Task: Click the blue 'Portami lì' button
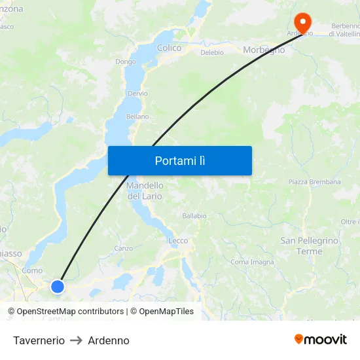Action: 179,160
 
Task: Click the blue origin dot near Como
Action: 58,286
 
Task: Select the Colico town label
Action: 169,48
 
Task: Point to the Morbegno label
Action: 264,50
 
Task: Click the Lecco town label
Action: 178,241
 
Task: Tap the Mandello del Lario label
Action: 145,190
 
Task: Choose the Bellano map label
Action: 137,117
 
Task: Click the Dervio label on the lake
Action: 137,94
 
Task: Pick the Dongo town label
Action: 126,62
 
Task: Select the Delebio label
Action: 212,52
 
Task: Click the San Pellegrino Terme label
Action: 310,245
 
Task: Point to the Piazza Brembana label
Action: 315,182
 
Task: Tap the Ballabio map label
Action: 194,215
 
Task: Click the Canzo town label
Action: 123,248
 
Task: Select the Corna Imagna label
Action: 252,262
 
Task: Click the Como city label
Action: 32,270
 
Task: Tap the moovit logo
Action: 321,339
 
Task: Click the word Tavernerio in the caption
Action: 39,340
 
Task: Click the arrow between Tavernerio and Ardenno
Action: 76,340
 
